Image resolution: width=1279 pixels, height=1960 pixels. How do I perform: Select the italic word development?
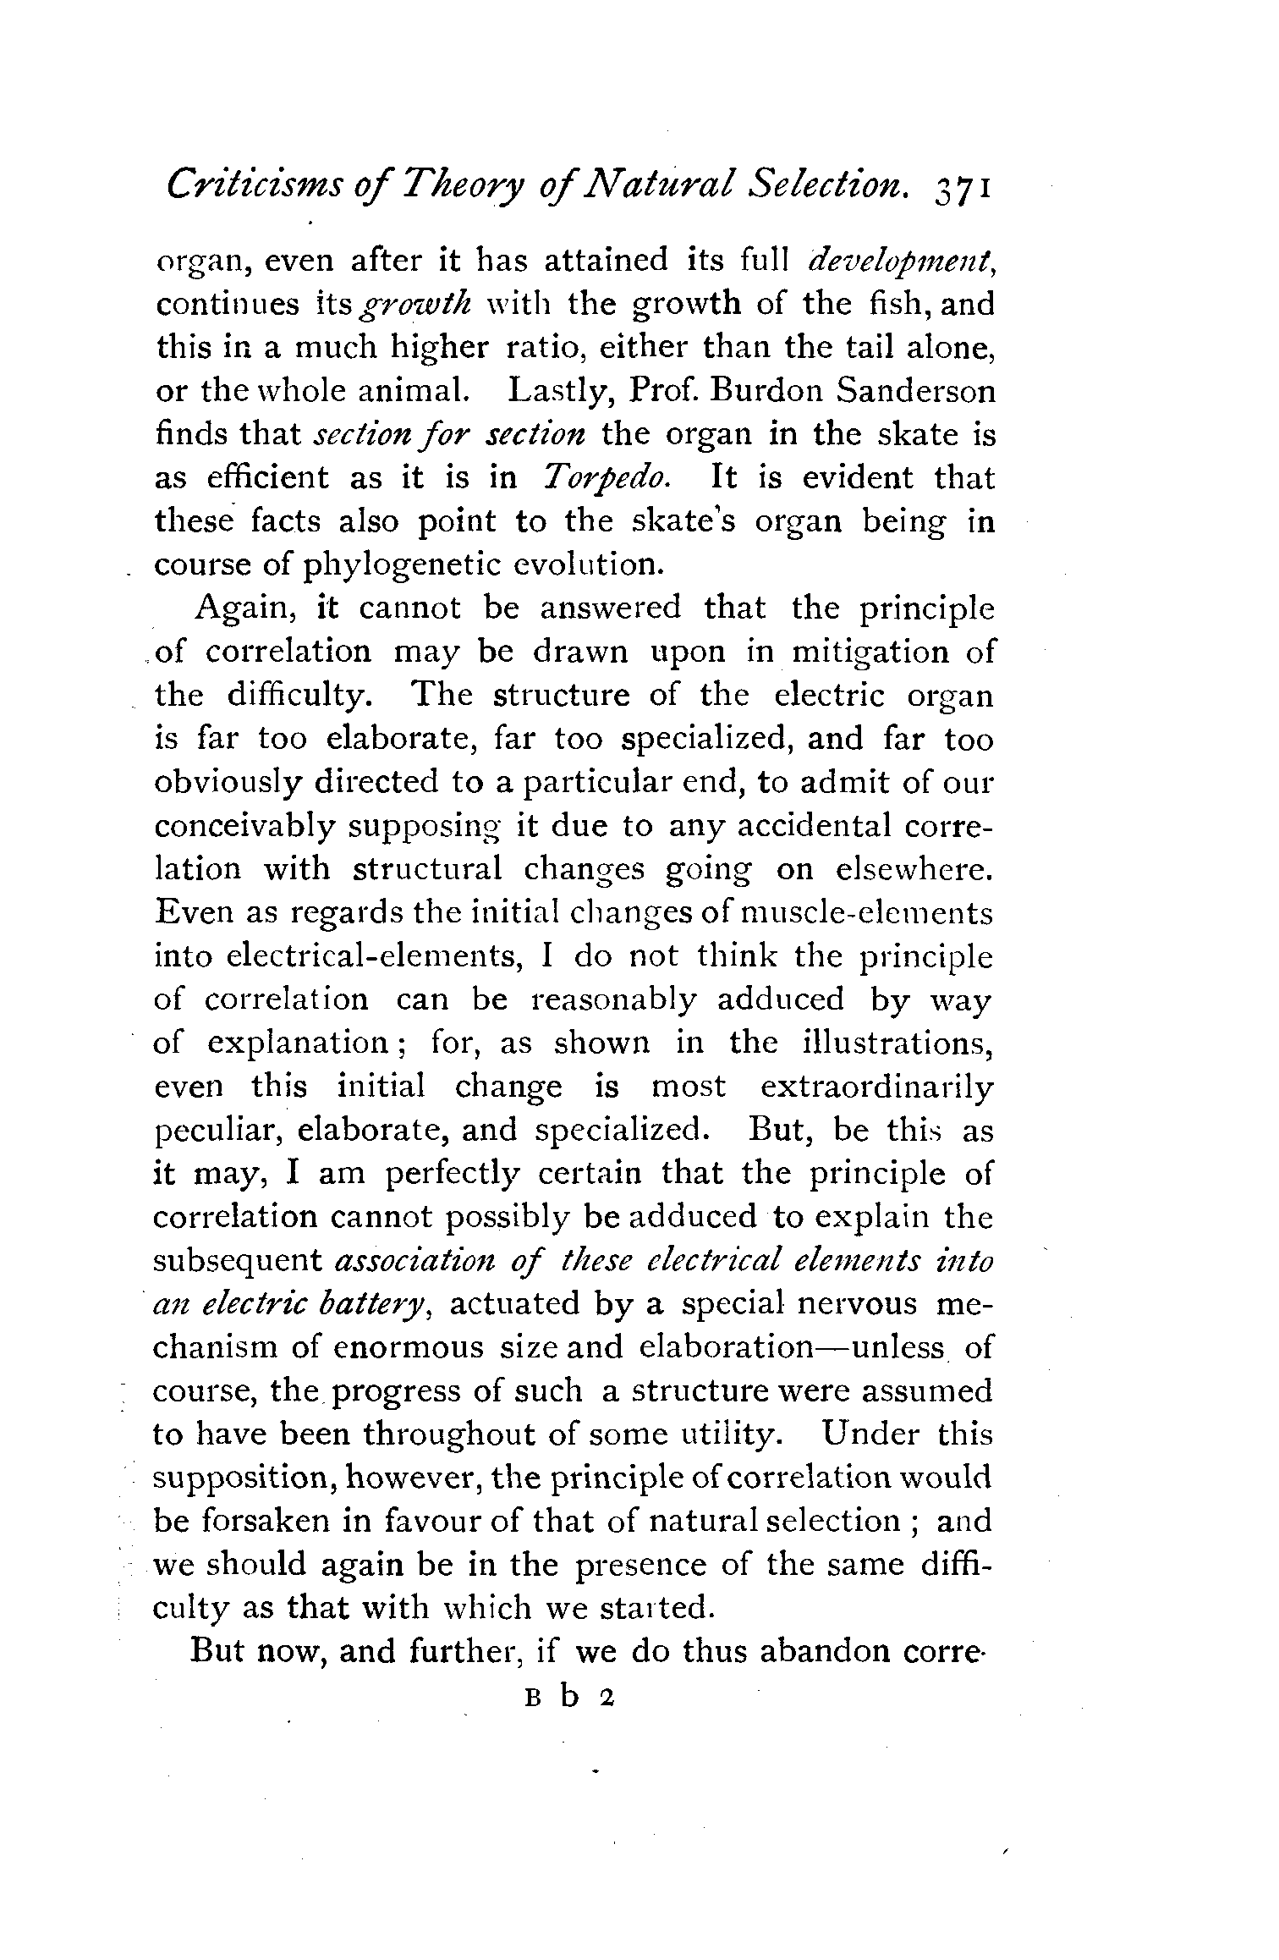point(902,260)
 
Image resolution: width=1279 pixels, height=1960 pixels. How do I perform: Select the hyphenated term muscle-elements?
point(866,914)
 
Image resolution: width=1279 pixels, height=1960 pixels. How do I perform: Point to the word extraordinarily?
point(876,1087)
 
